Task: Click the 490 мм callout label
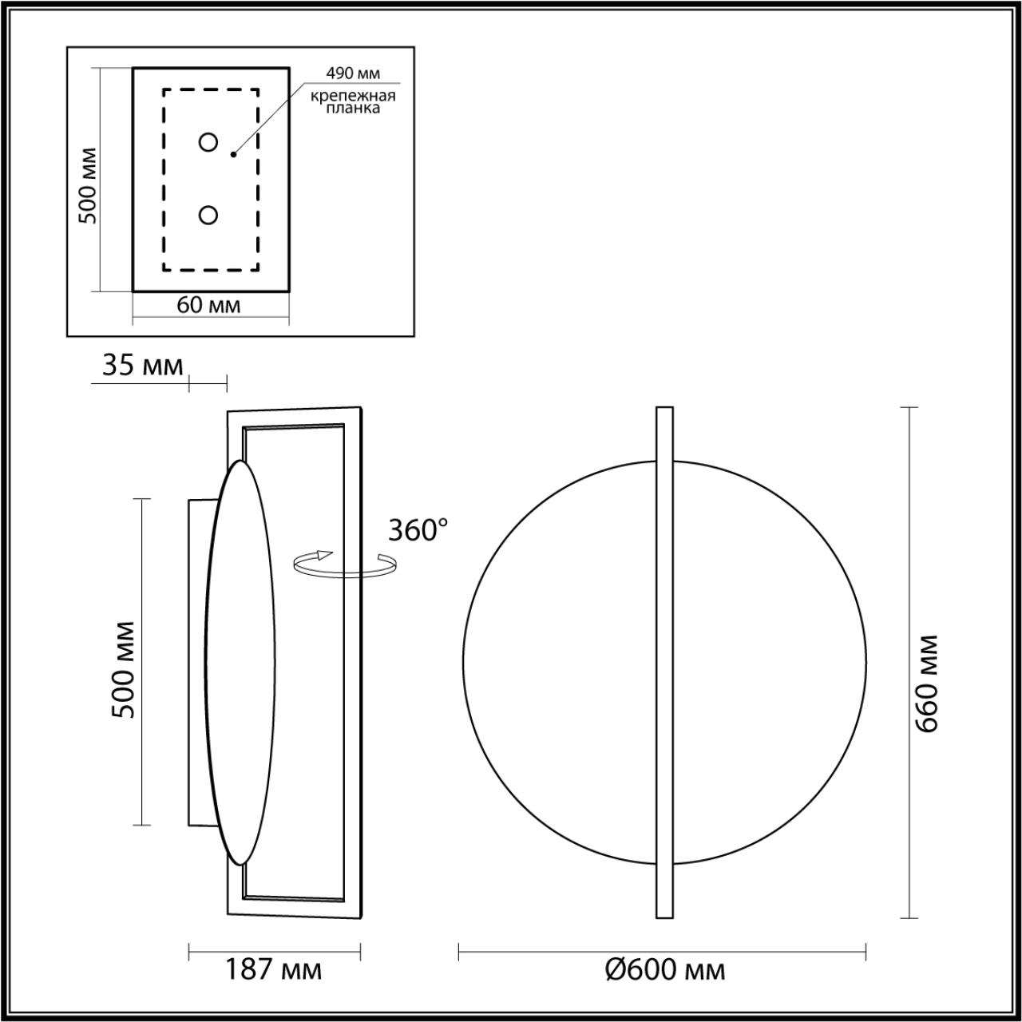pyautogui.click(x=352, y=73)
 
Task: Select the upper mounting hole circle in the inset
pyautogui.click(x=208, y=142)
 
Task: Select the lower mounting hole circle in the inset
pyautogui.click(x=208, y=216)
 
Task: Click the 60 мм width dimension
pyautogui.click(x=208, y=305)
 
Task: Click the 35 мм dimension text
pyautogui.click(x=142, y=366)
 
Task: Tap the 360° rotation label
pyautogui.click(x=418, y=530)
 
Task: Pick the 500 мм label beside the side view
pyautogui.click(x=124, y=669)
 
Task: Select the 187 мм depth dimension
pyautogui.click(x=273, y=970)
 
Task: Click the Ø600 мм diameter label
pyautogui.click(x=664, y=970)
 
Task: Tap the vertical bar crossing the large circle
pyautogui.click(x=664, y=663)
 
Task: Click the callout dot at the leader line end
pyautogui.click(x=233, y=154)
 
